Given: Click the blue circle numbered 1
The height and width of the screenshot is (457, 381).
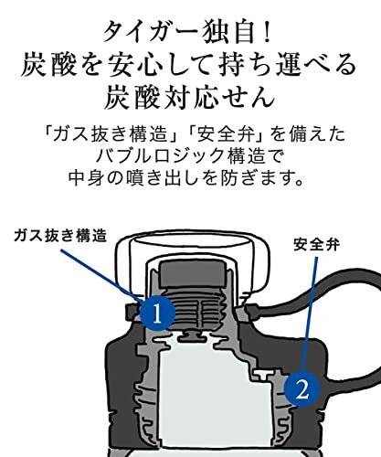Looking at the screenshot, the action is pyautogui.click(x=157, y=313).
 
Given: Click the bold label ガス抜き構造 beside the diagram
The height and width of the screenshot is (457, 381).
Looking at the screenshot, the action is pyautogui.click(x=60, y=236).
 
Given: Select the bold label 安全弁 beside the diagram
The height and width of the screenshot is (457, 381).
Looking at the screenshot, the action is pyautogui.click(x=317, y=244).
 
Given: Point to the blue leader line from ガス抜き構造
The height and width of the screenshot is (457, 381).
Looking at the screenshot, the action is pyautogui.click(x=102, y=275).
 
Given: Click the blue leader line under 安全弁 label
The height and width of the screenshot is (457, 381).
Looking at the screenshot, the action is pyautogui.click(x=310, y=314).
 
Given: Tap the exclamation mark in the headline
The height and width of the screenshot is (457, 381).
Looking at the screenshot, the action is pyautogui.click(x=267, y=31).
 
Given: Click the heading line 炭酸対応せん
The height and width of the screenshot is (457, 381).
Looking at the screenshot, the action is pyautogui.click(x=189, y=97).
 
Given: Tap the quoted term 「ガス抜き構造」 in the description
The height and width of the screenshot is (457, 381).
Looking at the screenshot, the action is pyautogui.click(x=111, y=134).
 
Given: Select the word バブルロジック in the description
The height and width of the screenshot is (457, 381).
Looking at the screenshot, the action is pyautogui.click(x=161, y=156).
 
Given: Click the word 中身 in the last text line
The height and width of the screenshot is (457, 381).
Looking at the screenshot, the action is pyautogui.click(x=82, y=178).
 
